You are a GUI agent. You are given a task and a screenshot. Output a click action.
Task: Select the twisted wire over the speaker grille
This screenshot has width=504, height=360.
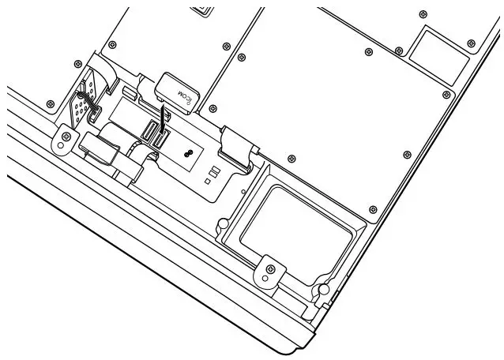tap(83, 99)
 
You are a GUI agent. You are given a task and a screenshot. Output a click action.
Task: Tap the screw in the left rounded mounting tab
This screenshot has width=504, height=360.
tap(61, 143)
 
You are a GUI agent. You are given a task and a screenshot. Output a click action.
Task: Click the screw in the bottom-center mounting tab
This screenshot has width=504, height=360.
tap(272, 269)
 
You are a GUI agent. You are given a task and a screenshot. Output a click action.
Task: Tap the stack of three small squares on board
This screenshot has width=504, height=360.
tap(211, 174)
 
